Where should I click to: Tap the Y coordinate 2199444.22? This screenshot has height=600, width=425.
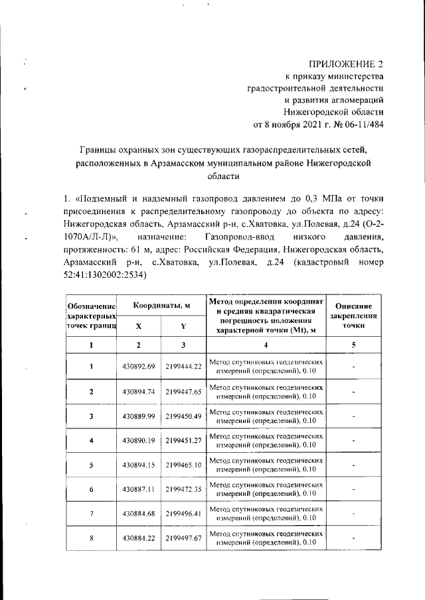[x=183, y=367]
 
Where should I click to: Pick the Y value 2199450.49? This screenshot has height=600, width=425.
[x=183, y=416]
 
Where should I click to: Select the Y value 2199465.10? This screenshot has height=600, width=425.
[x=183, y=465]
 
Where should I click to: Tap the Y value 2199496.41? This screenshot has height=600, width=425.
[x=183, y=514]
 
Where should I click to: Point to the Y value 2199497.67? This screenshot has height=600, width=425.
[x=183, y=538]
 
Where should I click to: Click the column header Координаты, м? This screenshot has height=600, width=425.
[x=161, y=305]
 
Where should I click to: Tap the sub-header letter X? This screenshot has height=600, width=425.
[x=138, y=326]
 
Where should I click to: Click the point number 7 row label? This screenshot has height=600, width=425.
[x=91, y=514]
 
